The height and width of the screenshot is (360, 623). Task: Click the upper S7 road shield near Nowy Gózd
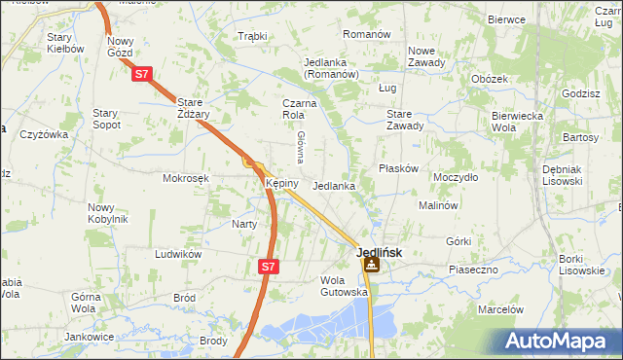142,73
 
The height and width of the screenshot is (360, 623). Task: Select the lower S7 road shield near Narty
269,265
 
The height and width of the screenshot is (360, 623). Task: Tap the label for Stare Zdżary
201,106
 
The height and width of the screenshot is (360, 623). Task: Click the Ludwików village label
178,253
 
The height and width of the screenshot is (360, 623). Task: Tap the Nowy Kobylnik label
107,212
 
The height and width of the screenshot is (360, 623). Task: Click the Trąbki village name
252,36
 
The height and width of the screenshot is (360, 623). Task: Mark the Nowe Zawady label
426,56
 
